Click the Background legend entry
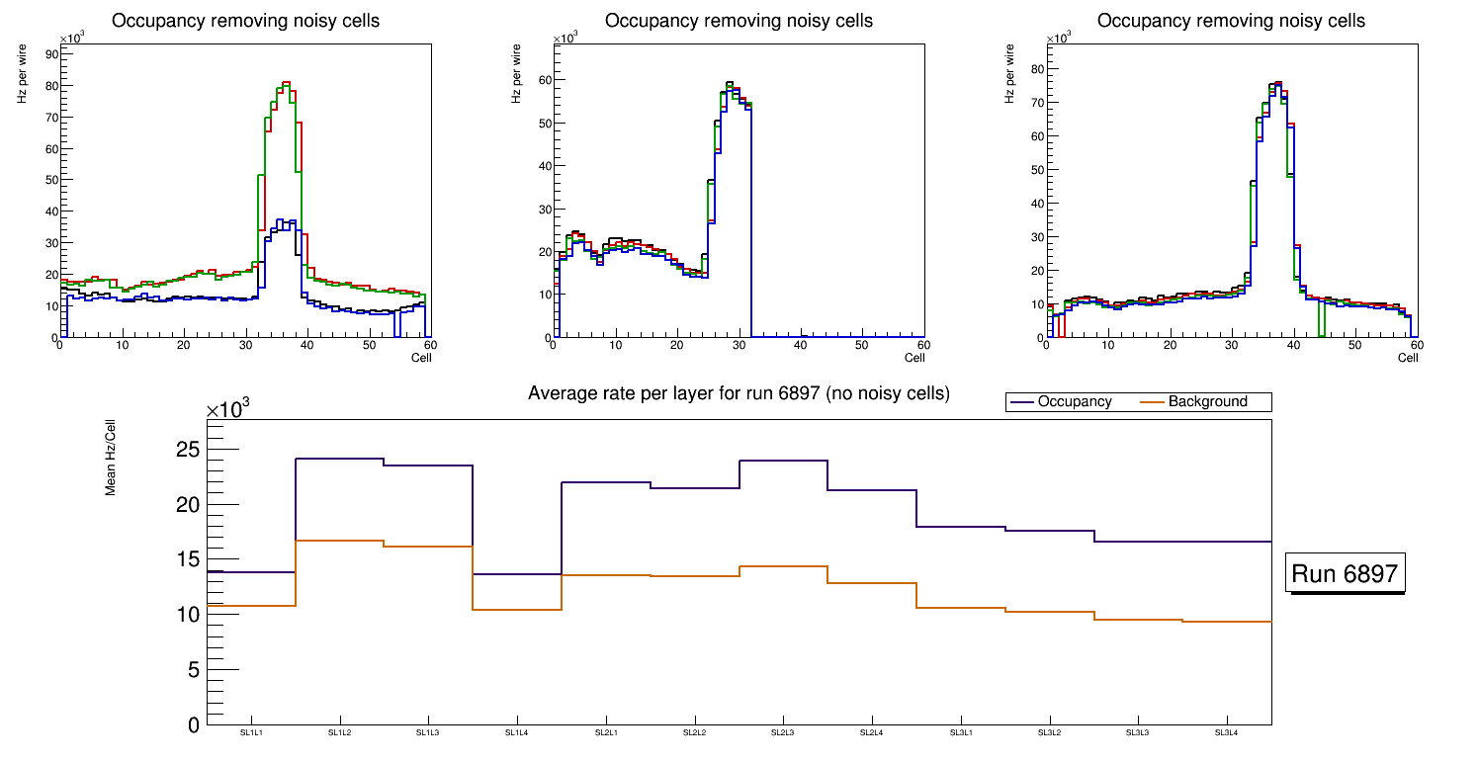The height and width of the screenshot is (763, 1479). point(1207,402)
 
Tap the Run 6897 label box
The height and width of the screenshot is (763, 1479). point(1346,574)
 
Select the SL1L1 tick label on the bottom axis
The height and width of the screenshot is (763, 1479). point(251,732)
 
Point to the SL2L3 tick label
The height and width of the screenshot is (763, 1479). point(783,732)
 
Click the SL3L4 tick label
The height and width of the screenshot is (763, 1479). point(1227,732)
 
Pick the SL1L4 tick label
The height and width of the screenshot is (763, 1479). point(517,732)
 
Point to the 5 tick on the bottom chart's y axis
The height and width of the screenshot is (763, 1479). point(193,670)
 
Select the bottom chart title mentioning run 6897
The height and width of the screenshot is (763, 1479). point(739,393)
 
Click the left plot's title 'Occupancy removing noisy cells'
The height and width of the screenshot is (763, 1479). point(245,21)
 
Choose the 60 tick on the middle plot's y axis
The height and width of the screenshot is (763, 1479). point(543,80)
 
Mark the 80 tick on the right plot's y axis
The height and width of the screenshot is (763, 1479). point(1037,68)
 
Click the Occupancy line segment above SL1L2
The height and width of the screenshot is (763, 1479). point(339,459)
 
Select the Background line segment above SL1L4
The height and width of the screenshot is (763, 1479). point(517,610)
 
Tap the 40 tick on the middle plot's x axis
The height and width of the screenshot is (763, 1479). point(800,345)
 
